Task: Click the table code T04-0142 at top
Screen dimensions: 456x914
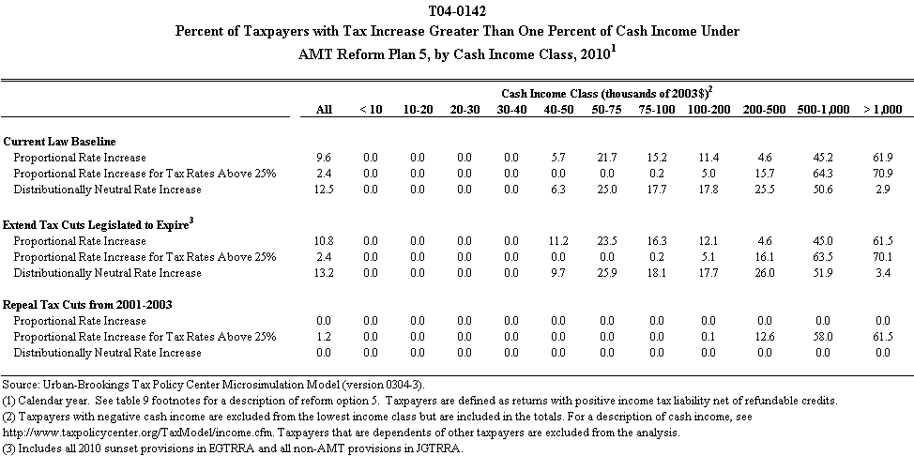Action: [x=457, y=12]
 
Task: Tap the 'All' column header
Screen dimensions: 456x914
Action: [x=324, y=110]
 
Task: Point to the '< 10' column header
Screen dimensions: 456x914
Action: [x=371, y=110]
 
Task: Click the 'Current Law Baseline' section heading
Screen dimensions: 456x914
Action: [x=54, y=140]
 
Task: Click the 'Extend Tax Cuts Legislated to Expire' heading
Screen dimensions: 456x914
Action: [x=93, y=224]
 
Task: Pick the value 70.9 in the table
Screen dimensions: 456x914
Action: [x=880, y=174]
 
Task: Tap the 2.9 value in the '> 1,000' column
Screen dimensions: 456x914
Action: [x=882, y=190]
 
